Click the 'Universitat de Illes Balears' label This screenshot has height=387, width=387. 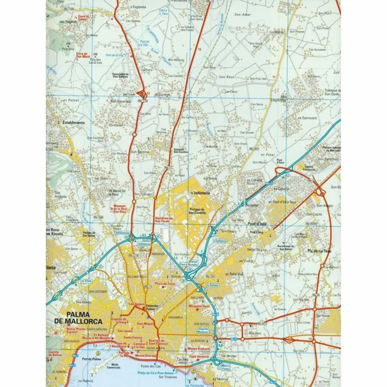click(121, 75)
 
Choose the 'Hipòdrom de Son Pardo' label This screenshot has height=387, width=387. click(164, 220)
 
